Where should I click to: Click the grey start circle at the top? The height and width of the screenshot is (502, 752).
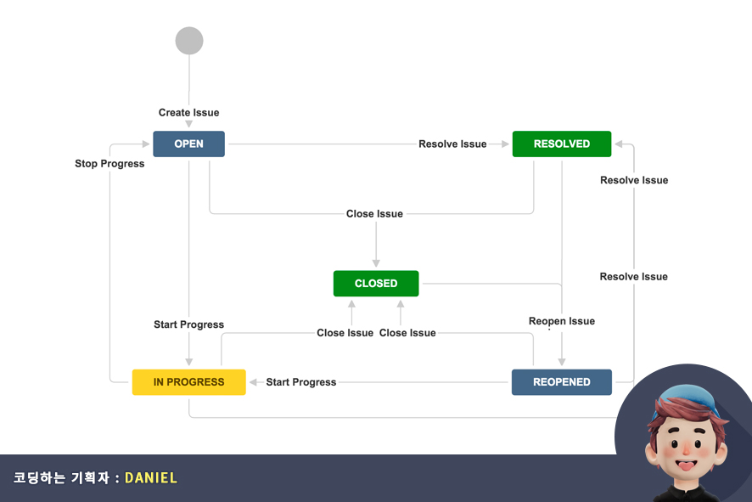pyautogui.click(x=189, y=41)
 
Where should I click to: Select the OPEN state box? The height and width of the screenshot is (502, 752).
pyautogui.click(x=188, y=144)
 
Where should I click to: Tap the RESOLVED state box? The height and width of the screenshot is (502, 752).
pyautogui.click(x=561, y=144)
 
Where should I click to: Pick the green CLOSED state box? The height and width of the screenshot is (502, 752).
pyautogui.click(x=376, y=283)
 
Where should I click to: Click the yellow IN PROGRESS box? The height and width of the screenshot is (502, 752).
pyautogui.click(x=188, y=382)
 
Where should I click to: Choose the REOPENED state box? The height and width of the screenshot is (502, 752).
pyautogui.click(x=561, y=382)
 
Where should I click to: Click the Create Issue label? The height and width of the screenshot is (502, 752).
pyautogui.click(x=188, y=112)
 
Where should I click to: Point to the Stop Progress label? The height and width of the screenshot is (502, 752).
pyautogui.click(x=109, y=163)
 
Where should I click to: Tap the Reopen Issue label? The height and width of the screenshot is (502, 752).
pyautogui.click(x=561, y=321)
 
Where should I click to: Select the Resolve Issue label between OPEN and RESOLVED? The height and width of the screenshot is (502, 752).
pyautogui.click(x=452, y=144)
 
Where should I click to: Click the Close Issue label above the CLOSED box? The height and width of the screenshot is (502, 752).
pyautogui.click(x=374, y=213)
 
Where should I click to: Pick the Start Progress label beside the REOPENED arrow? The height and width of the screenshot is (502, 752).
pyautogui.click(x=300, y=382)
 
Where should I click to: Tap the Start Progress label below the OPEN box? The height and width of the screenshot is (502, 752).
pyautogui.click(x=188, y=324)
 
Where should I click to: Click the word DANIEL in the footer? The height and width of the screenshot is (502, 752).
pyautogui.click(x=151, y=477)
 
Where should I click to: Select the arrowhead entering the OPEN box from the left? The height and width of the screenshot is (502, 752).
pyautogui.click(x=146, y=144)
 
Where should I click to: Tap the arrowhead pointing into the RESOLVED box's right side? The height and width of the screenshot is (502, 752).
pyautogui.click(x=619, y=144)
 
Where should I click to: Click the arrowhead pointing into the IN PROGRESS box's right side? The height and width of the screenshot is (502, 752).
pyautogui.click(x=252, y=382)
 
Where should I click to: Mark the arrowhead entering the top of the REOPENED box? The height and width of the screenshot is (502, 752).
pyautogui.click(x=561, y=363)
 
